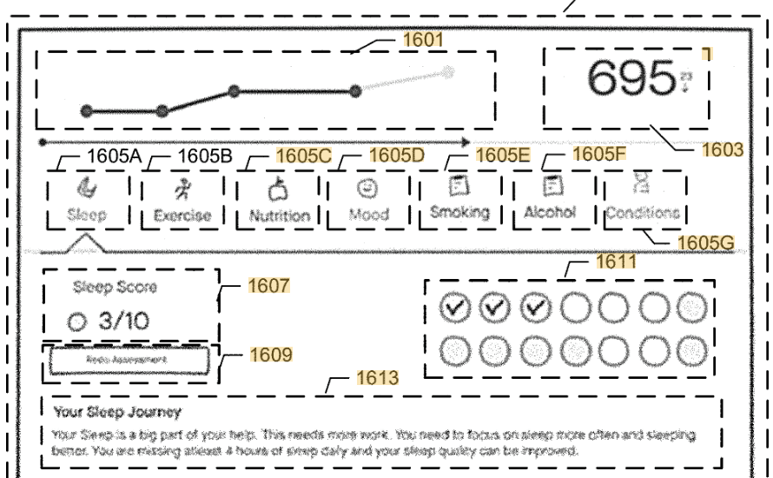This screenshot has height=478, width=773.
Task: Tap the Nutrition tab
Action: (x=279, y=201)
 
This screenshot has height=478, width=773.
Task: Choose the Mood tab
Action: (x=368, y=201)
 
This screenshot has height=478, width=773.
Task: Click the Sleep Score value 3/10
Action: (x=122, y=322)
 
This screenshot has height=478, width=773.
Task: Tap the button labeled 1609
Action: (x=127, y=359)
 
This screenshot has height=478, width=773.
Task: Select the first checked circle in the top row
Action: (x=454, y=306)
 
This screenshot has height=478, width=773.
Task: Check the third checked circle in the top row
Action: (x=536, y=306)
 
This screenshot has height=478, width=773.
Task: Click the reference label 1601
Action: (x=423, y=39)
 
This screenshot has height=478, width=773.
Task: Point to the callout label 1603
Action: (x=723, y=149)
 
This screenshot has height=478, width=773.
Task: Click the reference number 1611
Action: (x=617, y=262)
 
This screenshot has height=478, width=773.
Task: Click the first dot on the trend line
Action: (x=86, y=110)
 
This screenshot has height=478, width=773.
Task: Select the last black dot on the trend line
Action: (x=355, y=91)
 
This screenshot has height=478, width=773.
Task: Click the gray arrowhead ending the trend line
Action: (x=446, y=72)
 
